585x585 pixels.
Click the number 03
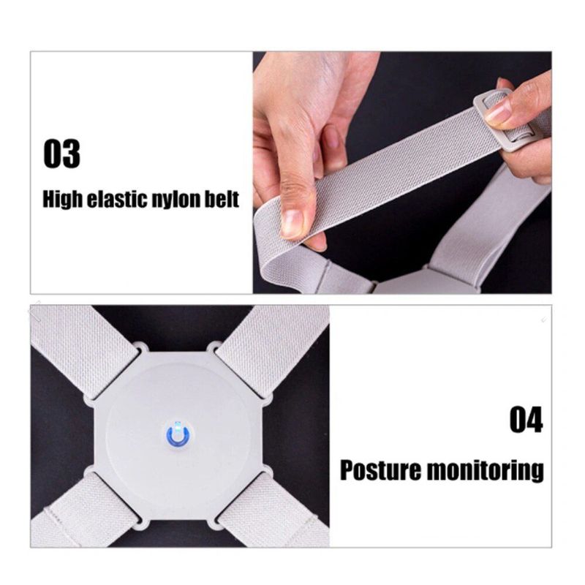pos(62,154)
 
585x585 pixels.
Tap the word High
pos(62,200)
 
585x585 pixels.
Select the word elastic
pos(118,199)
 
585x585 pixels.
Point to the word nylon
pos(175,200)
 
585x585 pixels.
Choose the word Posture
pos(380,470)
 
